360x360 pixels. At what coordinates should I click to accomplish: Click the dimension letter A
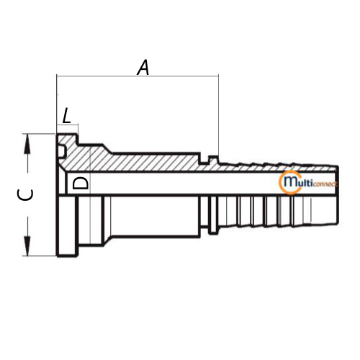pyautogui.click(x=143, y=68)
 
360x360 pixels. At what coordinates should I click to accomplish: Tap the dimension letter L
pyautogui.click(x=66, y=115)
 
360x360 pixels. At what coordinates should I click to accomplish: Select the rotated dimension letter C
pyautogui.click(x=25, y=194)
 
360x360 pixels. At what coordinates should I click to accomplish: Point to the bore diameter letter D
pyautogui.click(x=81, y=184)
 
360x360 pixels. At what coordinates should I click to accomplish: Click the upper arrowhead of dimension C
pyautogui.click(x=27, y=143)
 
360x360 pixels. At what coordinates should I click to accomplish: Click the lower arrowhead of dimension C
pyautogui.click(x=27, y=246)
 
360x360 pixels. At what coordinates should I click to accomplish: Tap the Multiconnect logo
pyautogui.click(x=308, y=182)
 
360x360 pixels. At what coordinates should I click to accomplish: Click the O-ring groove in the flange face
pyautogui.click(x=61, y=151)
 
